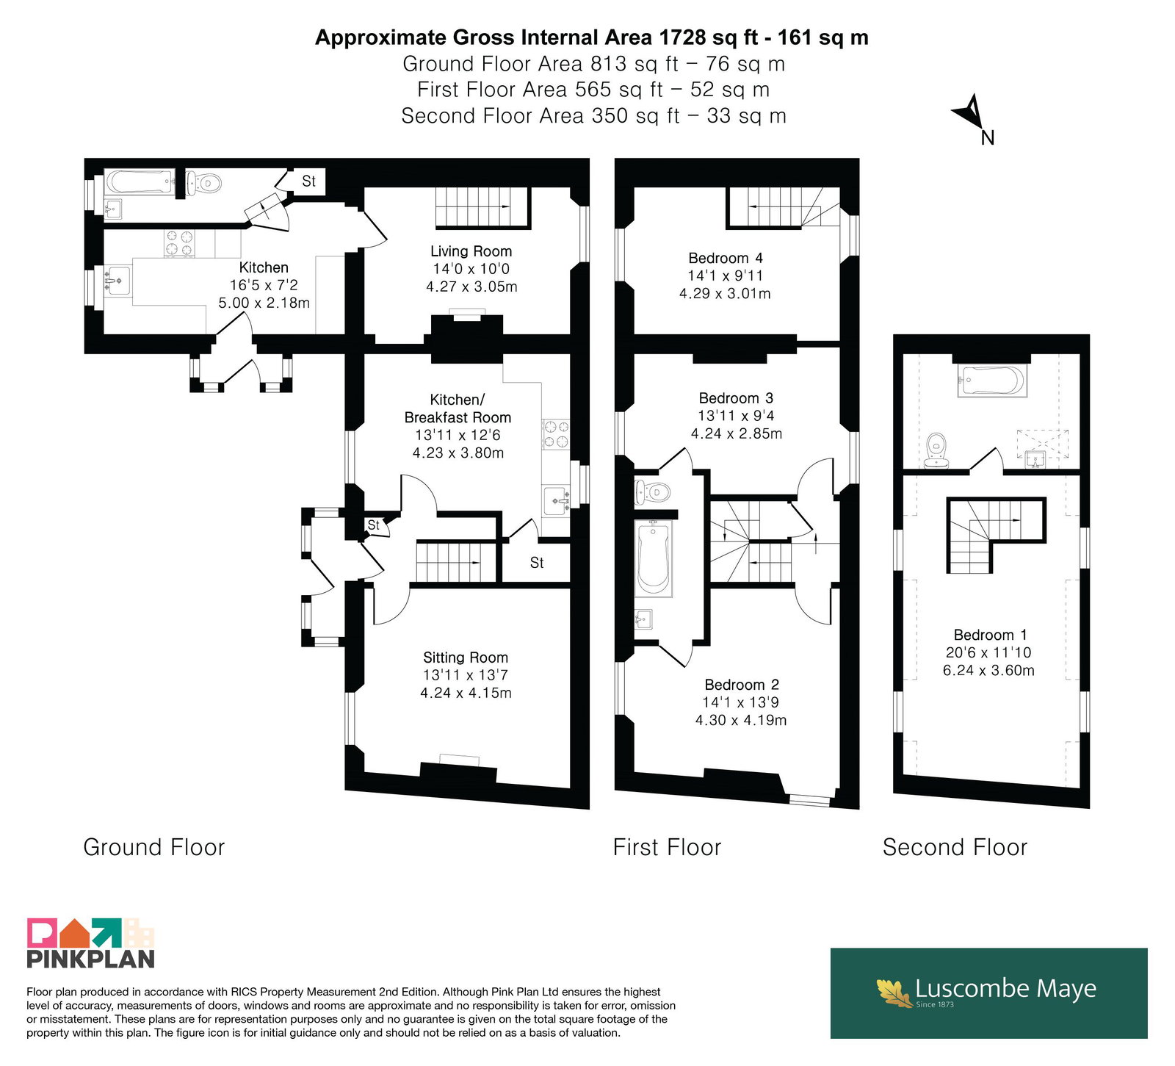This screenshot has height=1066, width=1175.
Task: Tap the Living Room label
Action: click(471, 251)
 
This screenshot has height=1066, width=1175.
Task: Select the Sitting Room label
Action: click(466, 658)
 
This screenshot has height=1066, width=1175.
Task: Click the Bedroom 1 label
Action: click(990, 635)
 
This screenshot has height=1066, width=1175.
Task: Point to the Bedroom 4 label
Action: click(726, 258)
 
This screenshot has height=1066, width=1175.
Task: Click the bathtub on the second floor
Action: click(991, 381)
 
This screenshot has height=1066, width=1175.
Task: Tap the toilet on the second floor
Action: click(936, 450)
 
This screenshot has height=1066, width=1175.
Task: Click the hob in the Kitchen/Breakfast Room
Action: click(555, 433)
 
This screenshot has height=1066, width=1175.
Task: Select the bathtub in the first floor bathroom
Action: click(654, 558)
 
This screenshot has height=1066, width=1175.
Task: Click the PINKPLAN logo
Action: click(91, 943)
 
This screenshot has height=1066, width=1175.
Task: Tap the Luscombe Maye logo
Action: click(988, 993)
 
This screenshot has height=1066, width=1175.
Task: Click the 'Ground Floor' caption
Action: click(154, 847)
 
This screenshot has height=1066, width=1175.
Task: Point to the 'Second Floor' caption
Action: click(955, 847)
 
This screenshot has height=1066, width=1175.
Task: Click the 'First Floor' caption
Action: click(668, 847)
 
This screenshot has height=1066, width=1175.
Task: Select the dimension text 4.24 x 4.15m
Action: click(466, 693)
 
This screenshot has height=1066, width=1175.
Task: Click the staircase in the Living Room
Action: click(482, 206)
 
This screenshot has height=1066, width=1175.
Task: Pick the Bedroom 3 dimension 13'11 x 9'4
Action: click(736, 416)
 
